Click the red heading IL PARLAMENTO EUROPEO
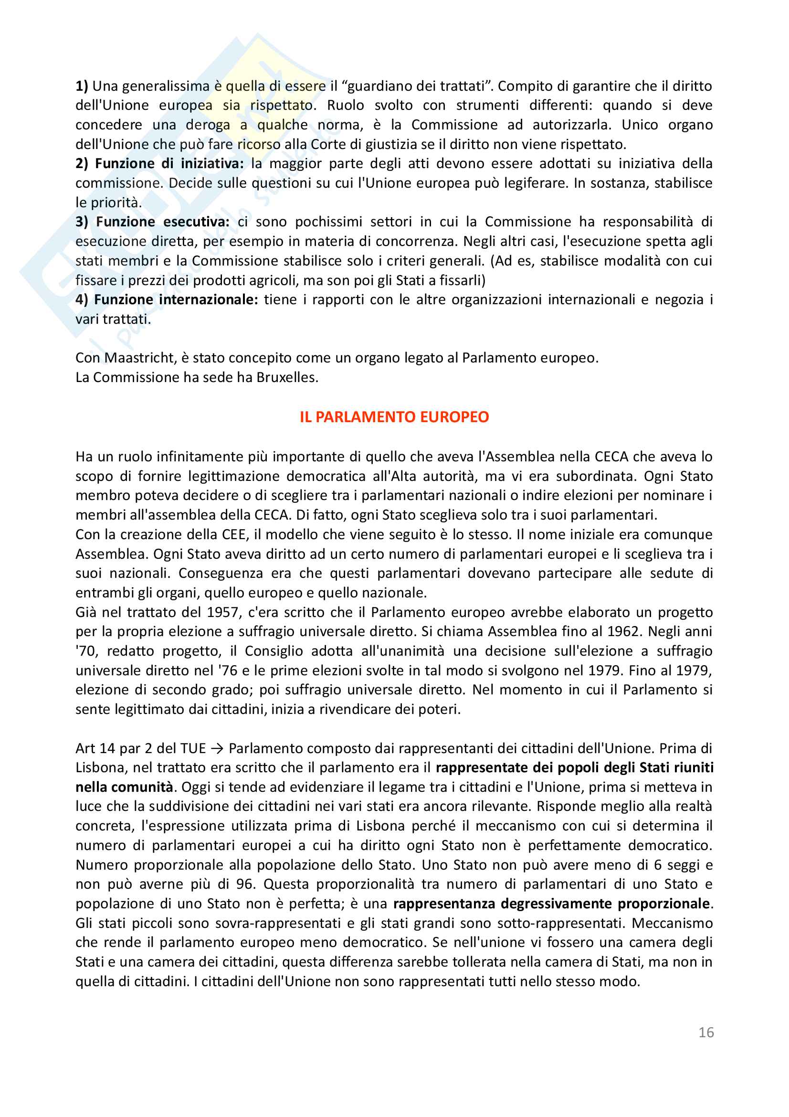pyautogui.click(x=394, y=417)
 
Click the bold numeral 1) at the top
pyautogui.click(x=82, y=86)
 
